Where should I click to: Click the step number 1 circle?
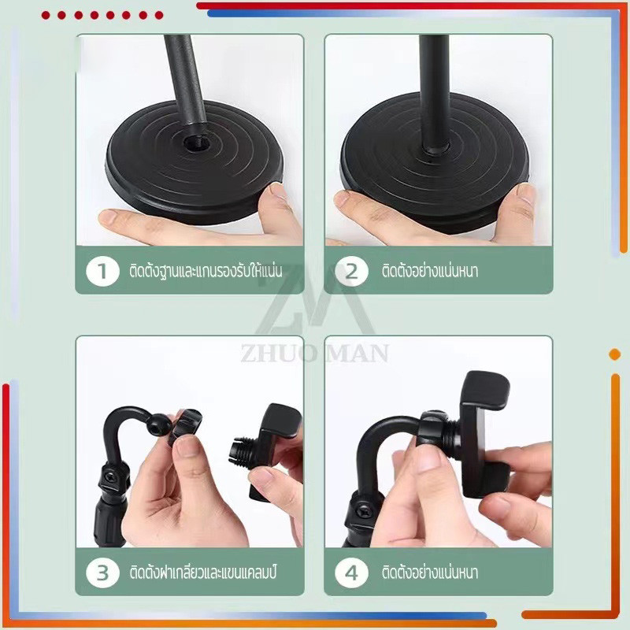point(103,271)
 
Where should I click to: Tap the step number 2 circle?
point(351,271)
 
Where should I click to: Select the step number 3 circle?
point(103,573)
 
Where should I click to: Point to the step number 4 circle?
point(351,573)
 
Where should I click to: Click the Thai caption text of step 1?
point(206,271)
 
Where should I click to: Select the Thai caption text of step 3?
point(203,573)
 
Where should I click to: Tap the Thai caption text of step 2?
point(430,271)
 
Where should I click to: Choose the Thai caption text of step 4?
point(430,573)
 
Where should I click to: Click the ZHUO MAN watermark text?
point(315,354)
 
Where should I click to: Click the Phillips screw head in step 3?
point(110,478)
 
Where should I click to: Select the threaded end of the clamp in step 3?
point(243,450)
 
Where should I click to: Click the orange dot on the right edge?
point(615,354)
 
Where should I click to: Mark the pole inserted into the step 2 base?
point(435,94)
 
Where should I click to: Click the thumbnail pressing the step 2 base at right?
point(525,194)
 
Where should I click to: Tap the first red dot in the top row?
point(46,15)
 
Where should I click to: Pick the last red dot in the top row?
point(159,15)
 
